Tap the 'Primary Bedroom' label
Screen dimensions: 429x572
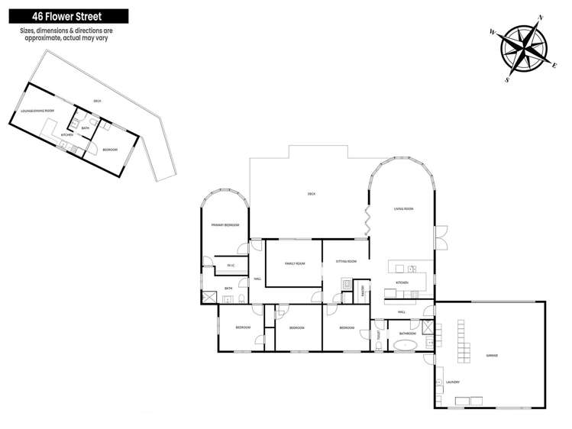(225, 225)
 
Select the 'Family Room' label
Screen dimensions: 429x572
(295, 263)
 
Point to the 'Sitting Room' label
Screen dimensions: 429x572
(346, 261)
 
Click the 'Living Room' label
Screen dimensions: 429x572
(403, 208)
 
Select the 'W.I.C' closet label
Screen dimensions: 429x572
(230, 266)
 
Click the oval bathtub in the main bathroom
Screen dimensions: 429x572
(406, 345)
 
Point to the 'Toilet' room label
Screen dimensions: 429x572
(378, 334)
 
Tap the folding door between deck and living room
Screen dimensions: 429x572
(367, 221)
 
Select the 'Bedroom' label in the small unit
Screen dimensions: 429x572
(110, 149)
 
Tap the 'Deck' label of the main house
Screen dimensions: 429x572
(311, 194)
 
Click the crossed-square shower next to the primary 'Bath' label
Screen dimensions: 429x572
(209, 296)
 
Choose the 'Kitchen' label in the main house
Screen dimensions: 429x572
(402, 282)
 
